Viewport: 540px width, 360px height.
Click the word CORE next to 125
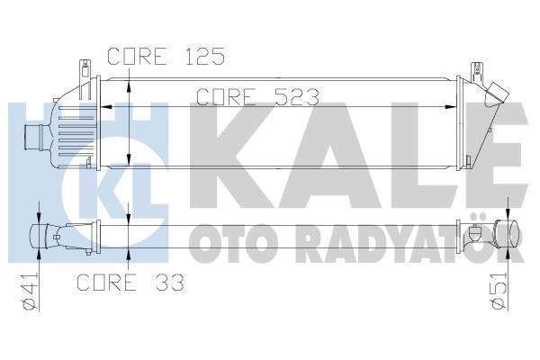[135, 56]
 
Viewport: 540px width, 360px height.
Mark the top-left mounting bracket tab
[85, 69]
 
